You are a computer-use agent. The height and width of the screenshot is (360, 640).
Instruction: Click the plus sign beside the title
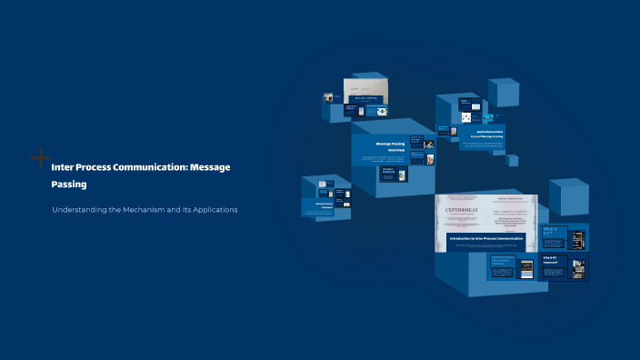click(41, 158)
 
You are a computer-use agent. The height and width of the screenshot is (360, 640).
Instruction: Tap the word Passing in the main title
click(69, 184)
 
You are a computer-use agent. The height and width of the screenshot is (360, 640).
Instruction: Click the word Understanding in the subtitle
click(79, 210)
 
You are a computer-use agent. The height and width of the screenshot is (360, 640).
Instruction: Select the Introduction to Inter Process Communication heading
click(485, 239)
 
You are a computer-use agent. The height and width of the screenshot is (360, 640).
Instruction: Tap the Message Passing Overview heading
click(390, 146)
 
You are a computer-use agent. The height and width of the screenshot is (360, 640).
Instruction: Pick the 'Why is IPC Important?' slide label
click(553, 261)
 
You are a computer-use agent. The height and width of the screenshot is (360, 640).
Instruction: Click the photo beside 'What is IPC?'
click(576, 239)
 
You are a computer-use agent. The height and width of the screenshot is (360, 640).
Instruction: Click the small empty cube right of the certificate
click(568, 195)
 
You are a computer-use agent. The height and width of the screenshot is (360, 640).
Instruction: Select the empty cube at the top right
click(503, 93)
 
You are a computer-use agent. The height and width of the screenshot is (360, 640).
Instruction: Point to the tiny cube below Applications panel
click(513, 160)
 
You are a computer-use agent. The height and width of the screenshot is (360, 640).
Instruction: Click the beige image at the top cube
click(366, 87)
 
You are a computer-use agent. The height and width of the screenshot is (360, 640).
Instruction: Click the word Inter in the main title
click(62, 167)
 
